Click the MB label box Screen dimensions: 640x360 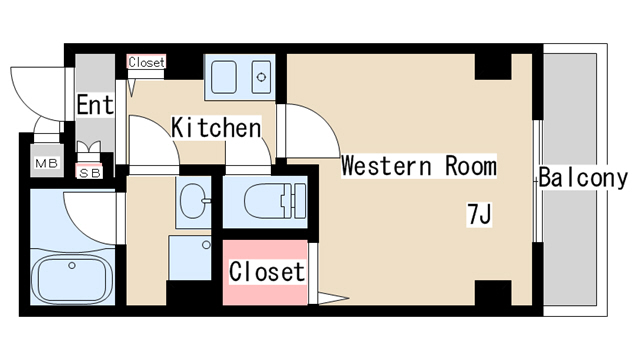(47, 163)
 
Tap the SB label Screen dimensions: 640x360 (89, 173)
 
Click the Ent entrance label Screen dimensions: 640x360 (95, 105)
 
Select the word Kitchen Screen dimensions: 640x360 (216, 127)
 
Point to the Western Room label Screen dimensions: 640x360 (419, 166)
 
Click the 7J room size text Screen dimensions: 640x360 (479, 214)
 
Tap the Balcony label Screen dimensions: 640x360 (583, 178)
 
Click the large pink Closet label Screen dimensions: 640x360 (267, 271)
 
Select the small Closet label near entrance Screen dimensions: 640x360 (146, 62)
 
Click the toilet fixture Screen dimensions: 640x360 (275, 200)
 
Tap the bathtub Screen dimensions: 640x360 (72, 279)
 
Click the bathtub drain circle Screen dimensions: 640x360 (72, 266)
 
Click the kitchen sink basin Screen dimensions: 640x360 (224, 77)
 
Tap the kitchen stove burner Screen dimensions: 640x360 (261, 77)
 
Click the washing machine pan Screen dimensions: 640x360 (190, 257)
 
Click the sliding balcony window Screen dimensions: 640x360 (538, 181)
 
